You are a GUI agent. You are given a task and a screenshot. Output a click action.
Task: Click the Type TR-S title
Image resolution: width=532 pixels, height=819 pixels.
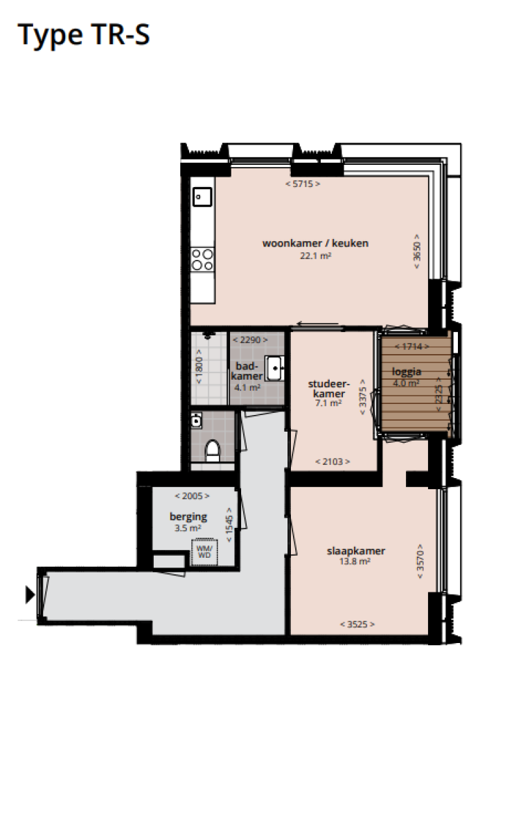pyautogui.click(x=83, y=35)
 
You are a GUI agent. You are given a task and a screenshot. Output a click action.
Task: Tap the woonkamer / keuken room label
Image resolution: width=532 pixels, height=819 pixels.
pyautogui.click(x=315, y=243)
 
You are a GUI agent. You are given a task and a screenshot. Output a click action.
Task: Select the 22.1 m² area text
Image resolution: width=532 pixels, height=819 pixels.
pyautogui.click(x=315, y=255)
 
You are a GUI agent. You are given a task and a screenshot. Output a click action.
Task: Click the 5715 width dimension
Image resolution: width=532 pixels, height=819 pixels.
pyautogui.click(x=303, y=184)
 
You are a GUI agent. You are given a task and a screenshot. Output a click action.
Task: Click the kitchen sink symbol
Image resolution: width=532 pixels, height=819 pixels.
pyautogui.click(x=202, y=197)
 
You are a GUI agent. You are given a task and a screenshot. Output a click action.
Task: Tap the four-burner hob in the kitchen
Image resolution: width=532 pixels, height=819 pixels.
pyautogui.click(x=202, y=259)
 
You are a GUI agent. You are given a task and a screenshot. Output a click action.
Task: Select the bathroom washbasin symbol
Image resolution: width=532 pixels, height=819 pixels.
pyautogui.click(x=275, y=367)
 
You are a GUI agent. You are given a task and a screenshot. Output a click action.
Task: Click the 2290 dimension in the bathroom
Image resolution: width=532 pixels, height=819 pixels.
pyautogui.click(x=249, y=340)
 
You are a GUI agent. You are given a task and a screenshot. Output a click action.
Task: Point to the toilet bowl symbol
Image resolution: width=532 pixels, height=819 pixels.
pyautogui.click(x=213, y=451)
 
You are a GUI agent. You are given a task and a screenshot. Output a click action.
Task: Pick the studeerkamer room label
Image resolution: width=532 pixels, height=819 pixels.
pyautogui.click(x=328, y=389)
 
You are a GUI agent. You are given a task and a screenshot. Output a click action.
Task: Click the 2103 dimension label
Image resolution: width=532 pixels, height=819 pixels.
pyautogui.click(x=332, y=461)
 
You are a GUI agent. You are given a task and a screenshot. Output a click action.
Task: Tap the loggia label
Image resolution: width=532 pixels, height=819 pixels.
pyautogui.click(x=406, y=371)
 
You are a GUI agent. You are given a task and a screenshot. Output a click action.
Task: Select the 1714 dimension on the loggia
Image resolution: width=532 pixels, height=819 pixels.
pyautogui.click(x=411, y=346)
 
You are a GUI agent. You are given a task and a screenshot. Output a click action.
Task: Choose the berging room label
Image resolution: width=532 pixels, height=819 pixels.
pyautogui.click(x=188, y=516)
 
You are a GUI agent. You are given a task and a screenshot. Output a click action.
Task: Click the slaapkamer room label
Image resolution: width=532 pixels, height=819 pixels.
pyautogui.click(x=356, y=552)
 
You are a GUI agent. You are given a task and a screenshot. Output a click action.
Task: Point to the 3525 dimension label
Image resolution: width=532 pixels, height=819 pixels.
pyautogui.click(x=357, y=624)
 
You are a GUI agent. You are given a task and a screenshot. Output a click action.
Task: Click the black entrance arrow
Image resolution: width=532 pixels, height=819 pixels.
pyautogui.click(x=30, y=594)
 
